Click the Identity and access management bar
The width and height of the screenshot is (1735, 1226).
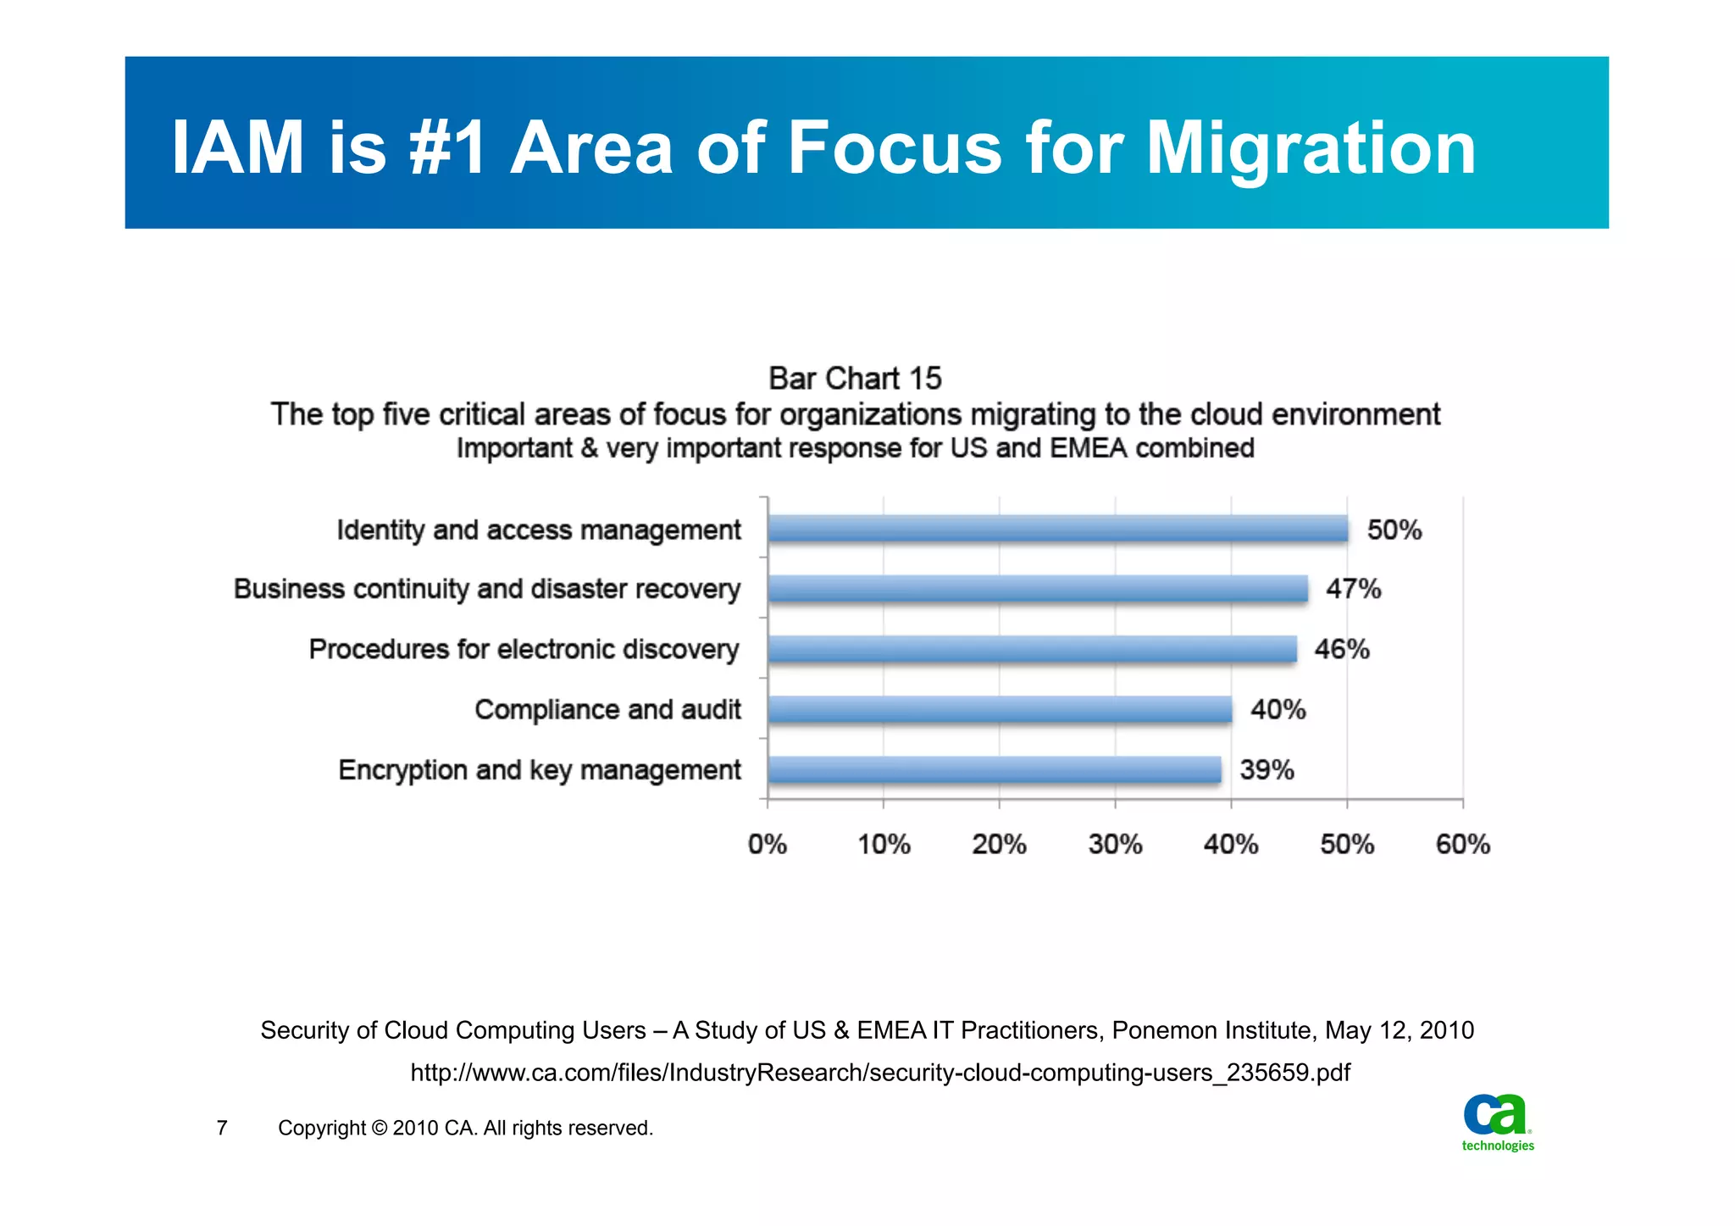point(1057,529)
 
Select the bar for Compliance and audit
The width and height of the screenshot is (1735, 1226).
point(1000,709)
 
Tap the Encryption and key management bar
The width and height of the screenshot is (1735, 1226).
point(994,769)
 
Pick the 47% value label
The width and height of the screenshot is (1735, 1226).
point(1353,589)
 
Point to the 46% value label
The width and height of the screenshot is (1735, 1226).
point(1341,649)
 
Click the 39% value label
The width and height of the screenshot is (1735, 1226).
point(1267,769)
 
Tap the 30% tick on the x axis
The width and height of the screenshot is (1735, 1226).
point(1115,844)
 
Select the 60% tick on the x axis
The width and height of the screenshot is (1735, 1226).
point(1462,844)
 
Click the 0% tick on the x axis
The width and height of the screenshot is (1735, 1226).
point(768,844)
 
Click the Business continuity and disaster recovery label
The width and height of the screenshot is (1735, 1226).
point(487,589)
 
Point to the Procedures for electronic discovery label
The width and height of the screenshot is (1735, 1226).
point(524,649)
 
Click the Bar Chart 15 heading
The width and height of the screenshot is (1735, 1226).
point(855,378)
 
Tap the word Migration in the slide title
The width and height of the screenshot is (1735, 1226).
point(1311,148)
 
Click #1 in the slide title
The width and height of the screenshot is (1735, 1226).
point(447,148)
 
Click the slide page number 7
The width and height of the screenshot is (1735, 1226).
point(222,1128)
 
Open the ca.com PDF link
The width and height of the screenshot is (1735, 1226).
point(879,1073)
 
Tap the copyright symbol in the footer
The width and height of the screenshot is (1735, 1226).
point(379,1128)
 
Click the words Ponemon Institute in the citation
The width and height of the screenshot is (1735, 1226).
point(1212,1030)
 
